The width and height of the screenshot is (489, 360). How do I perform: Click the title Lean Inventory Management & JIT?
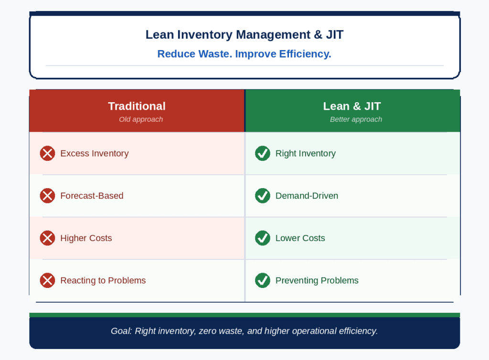pos(244,34)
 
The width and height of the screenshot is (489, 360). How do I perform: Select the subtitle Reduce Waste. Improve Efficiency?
pos(244,54)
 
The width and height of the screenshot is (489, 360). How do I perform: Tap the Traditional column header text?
pos(137,106)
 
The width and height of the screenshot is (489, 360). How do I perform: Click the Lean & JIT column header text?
pos(352,106)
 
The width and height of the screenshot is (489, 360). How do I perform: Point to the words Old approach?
pos(141,119)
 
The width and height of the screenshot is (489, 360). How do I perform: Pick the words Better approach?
pos(356,119)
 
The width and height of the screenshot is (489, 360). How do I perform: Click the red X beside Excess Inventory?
pos(47,153)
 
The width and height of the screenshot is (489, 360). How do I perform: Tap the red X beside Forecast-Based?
pos(47,196)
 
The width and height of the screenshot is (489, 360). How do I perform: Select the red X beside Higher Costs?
pos(47,238)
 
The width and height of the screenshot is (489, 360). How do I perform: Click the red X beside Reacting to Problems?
pos(47,281)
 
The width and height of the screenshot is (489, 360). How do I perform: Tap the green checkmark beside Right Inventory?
pos(263,153)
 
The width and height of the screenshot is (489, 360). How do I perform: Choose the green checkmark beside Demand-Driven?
pos(263,196)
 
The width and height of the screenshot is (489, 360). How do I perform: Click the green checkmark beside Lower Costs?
pos(263,238)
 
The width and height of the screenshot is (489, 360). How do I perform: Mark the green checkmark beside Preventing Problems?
pos(263,281)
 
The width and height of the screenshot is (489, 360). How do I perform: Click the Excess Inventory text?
pos(95,154)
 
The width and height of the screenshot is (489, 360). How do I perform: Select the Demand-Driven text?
pos(307,196)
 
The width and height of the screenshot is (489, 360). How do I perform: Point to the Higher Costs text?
pos(86,238)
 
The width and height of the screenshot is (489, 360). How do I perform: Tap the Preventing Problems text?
pos(317,281)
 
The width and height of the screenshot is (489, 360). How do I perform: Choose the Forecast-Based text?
pos(92,196)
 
